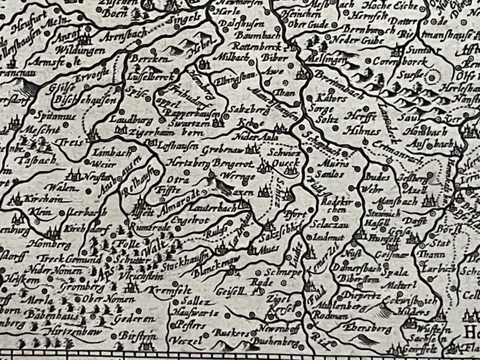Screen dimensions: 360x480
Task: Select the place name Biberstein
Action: coord(358,280)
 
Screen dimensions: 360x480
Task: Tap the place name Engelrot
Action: coord(184,220)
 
